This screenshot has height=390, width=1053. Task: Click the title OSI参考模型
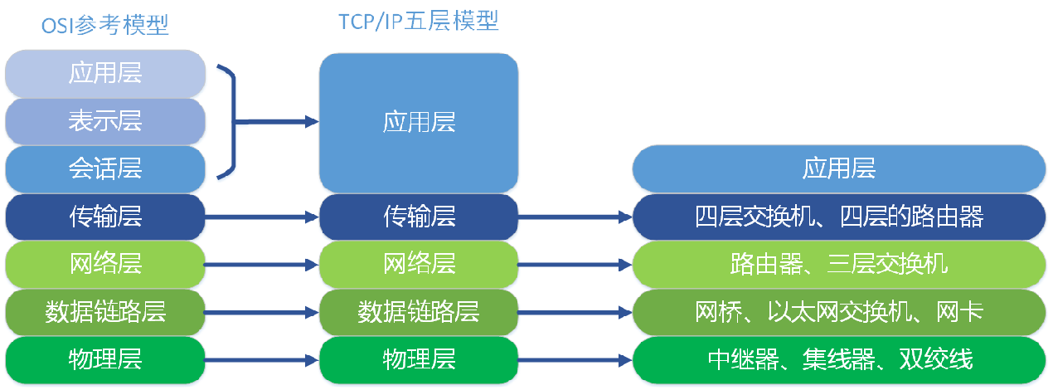(x=104, y=27)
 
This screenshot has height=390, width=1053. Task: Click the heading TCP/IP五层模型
(x=419, y=22)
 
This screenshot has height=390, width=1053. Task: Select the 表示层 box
(x=104, y=121)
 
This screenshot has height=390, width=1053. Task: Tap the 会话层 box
(x=104, y=168)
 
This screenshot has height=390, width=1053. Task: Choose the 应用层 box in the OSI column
(x=104, y=73)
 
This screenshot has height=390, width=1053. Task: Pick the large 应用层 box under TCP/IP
(x=419, y=123)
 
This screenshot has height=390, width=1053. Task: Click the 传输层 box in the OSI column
(x=104, y=217)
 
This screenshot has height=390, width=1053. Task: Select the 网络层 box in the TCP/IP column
(x=419, y=265)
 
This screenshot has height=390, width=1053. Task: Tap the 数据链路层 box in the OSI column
(x=104, y=312)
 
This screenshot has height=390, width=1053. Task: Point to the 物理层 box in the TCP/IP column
(x=419, y=360)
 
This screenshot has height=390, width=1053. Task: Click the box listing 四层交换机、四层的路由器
(x=838, y=217)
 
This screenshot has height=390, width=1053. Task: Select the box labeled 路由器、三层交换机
(x=838, y=265)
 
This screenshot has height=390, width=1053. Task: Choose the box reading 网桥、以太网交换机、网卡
(x=838, y=312)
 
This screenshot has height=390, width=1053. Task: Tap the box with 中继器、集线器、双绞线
(x=838, y=360)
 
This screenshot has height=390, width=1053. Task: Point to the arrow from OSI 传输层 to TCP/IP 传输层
(x=262, y=217)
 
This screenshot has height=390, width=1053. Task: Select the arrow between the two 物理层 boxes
(x=262, y=361)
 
